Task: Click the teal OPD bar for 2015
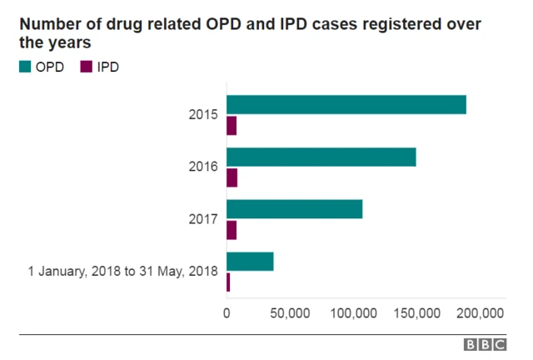click(346, 105)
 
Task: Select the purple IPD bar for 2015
click(232, 126)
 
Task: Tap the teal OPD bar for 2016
click(321, 157)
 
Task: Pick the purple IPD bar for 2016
click(232, 177)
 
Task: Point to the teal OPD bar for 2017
click(294, 209)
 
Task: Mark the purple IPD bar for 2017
click(232, 230)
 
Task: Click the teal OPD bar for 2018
click(250, 261)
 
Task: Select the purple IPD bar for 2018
click(228, 282)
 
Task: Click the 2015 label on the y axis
click(203, 115)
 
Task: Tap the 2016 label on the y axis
click(203, 167)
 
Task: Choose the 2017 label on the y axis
click(203, 219)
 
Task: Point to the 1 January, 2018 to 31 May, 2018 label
click(122, 271)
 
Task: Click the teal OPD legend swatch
click(25, 67)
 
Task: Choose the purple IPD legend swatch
click(85, 67)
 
